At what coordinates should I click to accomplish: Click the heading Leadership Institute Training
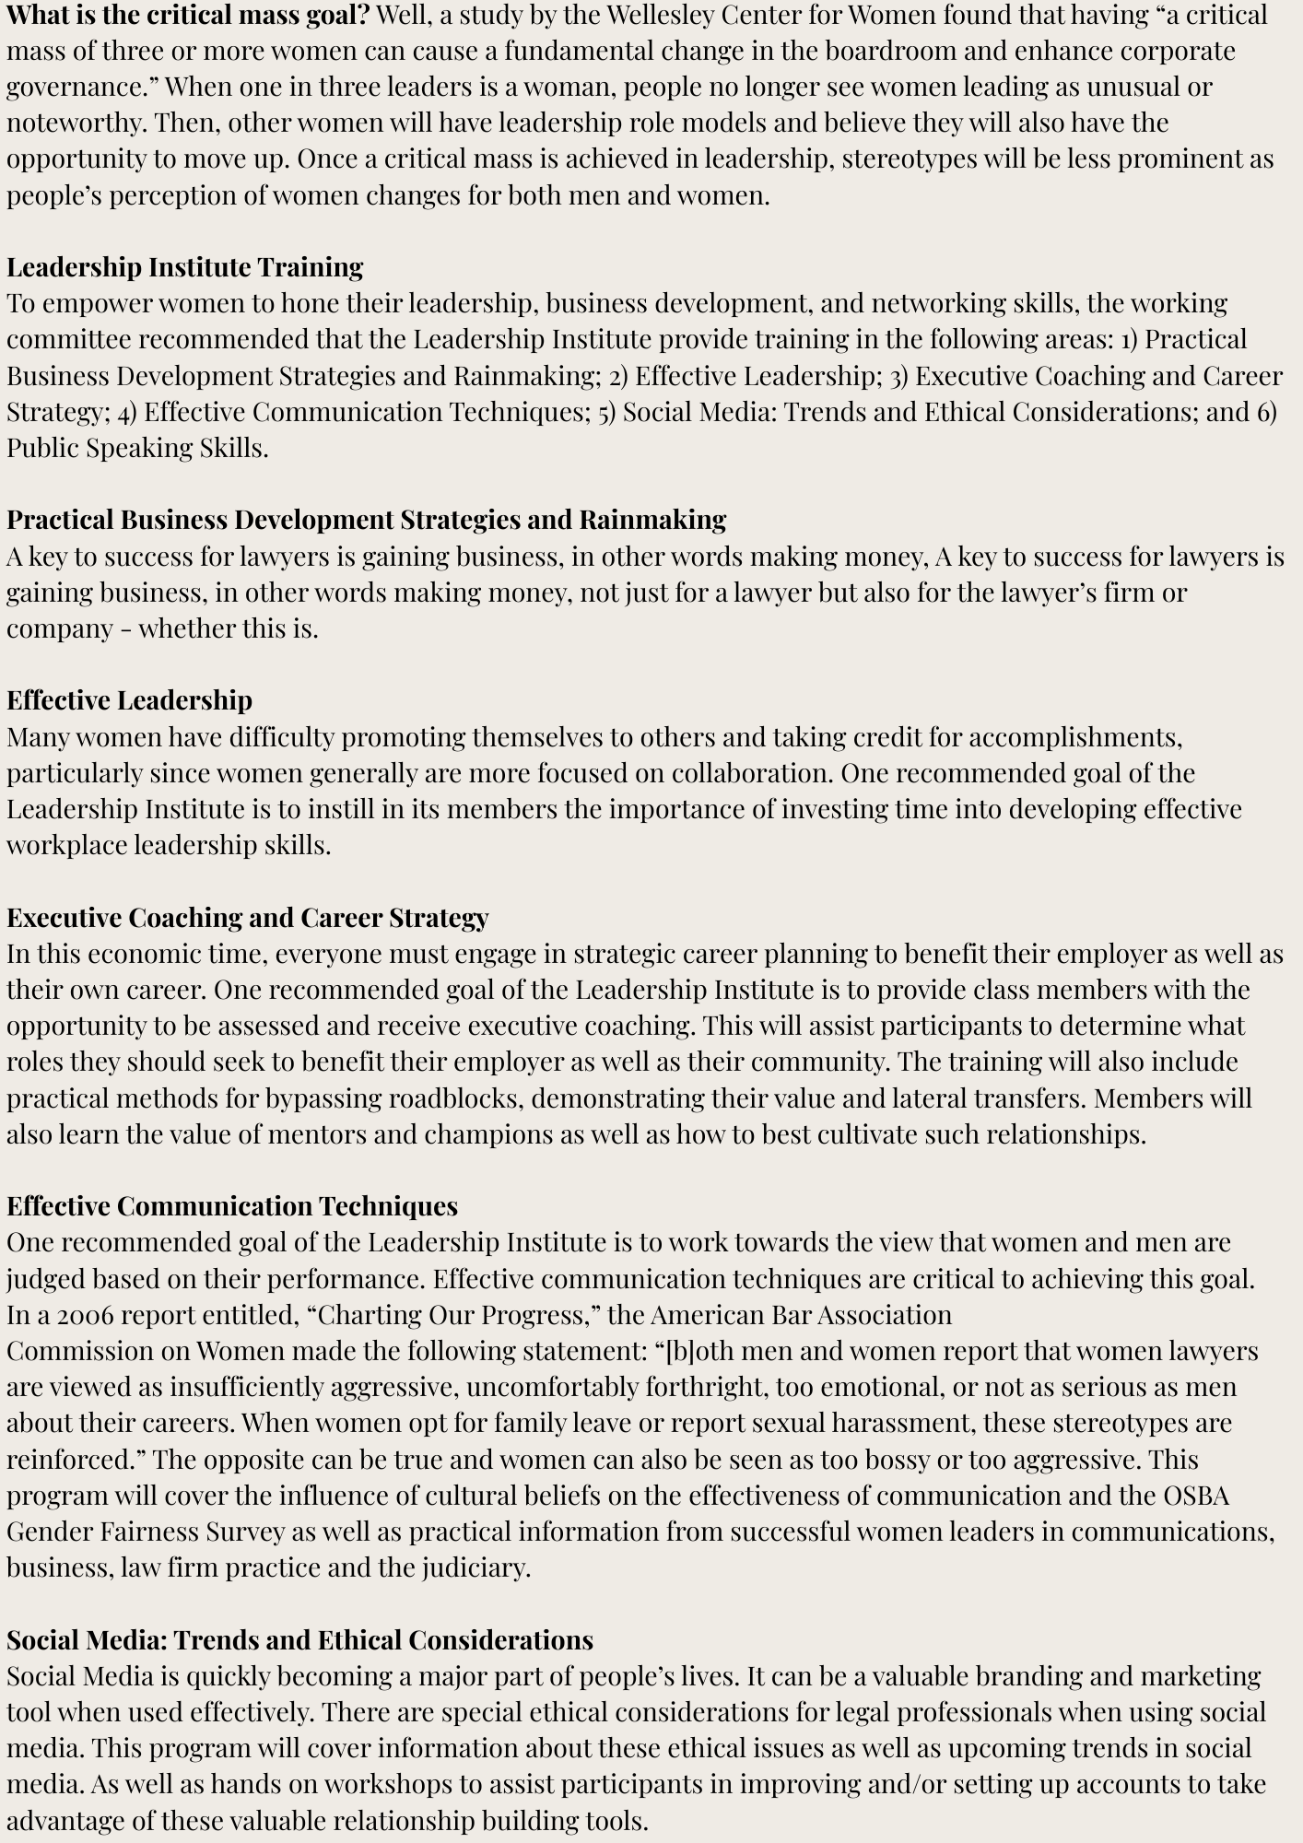tap(185, 267)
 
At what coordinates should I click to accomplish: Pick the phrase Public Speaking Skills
tap(136, 448)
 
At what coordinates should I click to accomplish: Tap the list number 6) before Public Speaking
tap(1266, 412)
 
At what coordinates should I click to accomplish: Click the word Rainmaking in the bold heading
tap(652, 520)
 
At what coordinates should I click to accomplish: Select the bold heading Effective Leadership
tap(129, 700)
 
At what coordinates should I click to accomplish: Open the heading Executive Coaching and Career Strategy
tap(247, 918)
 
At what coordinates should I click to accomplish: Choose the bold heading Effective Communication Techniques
tap(232, 1206)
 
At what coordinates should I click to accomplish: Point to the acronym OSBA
tap(1195, 1496)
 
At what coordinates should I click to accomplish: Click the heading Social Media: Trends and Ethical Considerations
tap(299, 1640)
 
